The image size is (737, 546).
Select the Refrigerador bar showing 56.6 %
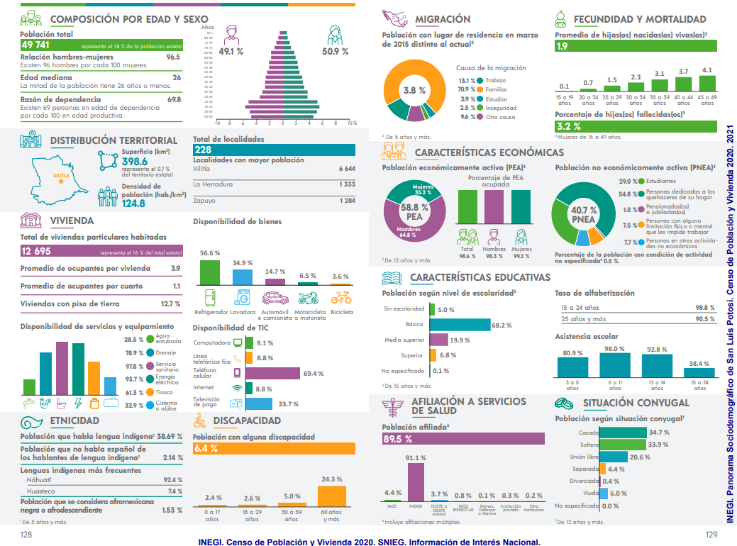click(x=209, y=272)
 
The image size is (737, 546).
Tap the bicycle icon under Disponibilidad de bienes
click(x=340, y=298)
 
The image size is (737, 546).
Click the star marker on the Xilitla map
click(x=62, y=182)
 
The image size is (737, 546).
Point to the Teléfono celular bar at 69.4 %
click(x=273, y=373)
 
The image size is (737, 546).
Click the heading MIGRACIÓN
click(x=443, y=19)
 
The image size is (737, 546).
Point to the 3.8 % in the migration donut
click(x=415, y=90)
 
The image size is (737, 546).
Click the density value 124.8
click(x=133, y=204)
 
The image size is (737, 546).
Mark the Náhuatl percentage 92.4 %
click(x=173, y=480)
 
